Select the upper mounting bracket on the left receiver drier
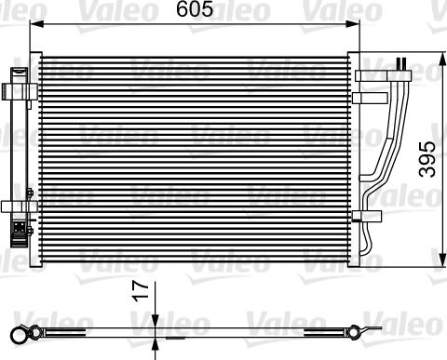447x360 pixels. (x=15, y=90)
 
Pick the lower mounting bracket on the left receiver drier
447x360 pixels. (x=15, y=206)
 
